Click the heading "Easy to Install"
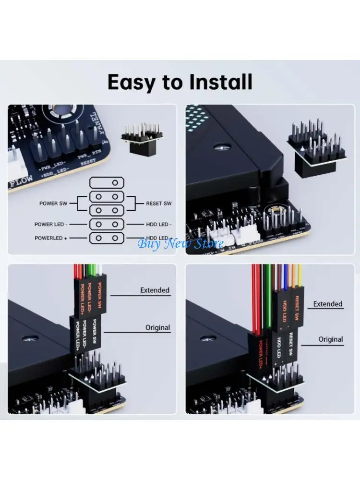pyautogui.click(x=180, y=82)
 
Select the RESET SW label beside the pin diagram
pyautogui.click(x=158, y=204)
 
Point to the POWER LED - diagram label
pyautogui.click(x=50, y=224)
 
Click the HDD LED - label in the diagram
pyautogui.click(x=158, y=224)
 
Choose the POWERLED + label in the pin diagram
pyautogui.click(x=51, y=238)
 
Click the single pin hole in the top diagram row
pyautogui.click(x=115, y=182)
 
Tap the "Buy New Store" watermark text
pyautogui.click(x=181, y=243)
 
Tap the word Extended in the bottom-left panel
pyautogui.click(x=155, y=290)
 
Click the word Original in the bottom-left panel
pyautogui.click(x=157, y=327)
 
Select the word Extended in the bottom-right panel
pyautogui.click(x=328, y=304)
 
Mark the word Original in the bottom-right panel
pyautogui.click(x=331, y=339)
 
